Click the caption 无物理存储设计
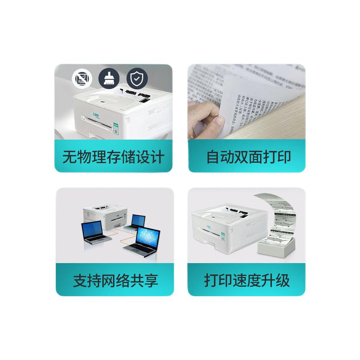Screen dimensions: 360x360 pyautogui.click(x=113, y=157)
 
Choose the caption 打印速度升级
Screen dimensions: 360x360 pyautogui.click(x=247, y=280)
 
